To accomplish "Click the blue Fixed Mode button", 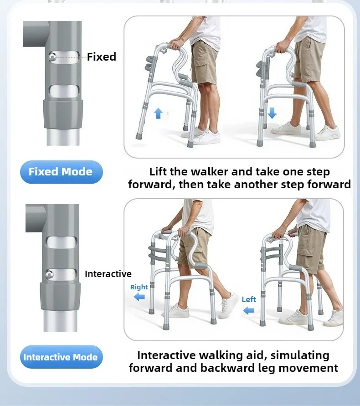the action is tap(62, 172).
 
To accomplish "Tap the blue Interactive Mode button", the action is tap(62, 357).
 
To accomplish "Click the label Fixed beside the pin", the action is tap(102, 57).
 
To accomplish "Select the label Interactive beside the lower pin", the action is tap(108, 274).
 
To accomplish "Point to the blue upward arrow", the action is tap(158, 113).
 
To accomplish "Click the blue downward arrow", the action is tap(272, 113).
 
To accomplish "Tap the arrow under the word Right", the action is tap(139, 297).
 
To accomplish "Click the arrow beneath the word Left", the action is tap(249, 310).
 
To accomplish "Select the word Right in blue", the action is tap(139, 287).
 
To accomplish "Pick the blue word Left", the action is tap(249, 299).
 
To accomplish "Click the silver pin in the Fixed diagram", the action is tap(52, 56).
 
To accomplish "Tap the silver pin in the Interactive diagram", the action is tap(49, 274).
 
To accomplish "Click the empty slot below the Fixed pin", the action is tap(64, 91).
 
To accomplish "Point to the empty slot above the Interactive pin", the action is tap(62, 242).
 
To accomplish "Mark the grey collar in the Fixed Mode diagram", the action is tap(63, 113).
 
